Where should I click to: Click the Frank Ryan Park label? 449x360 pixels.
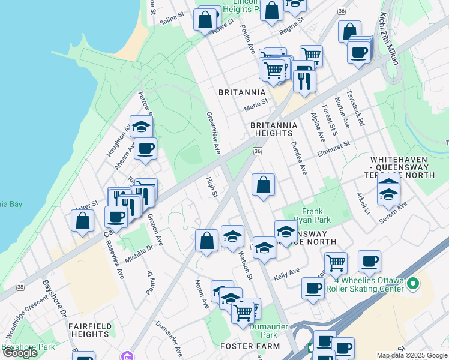coord(312,215)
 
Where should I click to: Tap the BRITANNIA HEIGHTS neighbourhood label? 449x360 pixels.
coord(273,129)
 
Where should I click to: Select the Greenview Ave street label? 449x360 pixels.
coord(212,126)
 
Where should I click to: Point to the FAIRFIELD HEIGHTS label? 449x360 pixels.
coord(91,330)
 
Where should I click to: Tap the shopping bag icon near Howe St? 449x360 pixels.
coord(205,20)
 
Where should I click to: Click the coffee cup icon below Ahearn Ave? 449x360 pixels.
coord(145,148)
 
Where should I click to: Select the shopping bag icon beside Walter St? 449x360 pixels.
coord(83,220)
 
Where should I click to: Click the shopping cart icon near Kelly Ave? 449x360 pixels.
coord(336,262)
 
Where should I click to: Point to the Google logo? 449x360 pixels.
coord(20,353)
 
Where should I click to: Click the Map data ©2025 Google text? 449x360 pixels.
coord(412,355)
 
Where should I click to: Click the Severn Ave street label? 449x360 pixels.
coord(393,213)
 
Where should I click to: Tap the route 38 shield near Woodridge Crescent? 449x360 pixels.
coord(20,287)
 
